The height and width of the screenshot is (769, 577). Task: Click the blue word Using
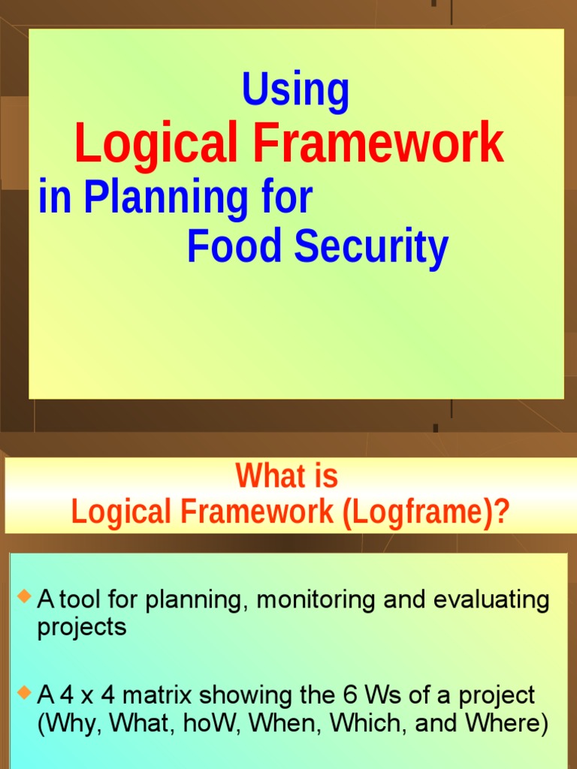(x=295, y=90)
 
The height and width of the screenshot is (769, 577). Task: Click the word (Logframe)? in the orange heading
(x=426, y=512)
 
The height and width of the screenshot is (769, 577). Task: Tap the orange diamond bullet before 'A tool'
(x=24, y=598)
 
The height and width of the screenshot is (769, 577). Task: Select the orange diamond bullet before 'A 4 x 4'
(x=24, y=692)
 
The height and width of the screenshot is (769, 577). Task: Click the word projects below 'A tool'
(x=82, y=627)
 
